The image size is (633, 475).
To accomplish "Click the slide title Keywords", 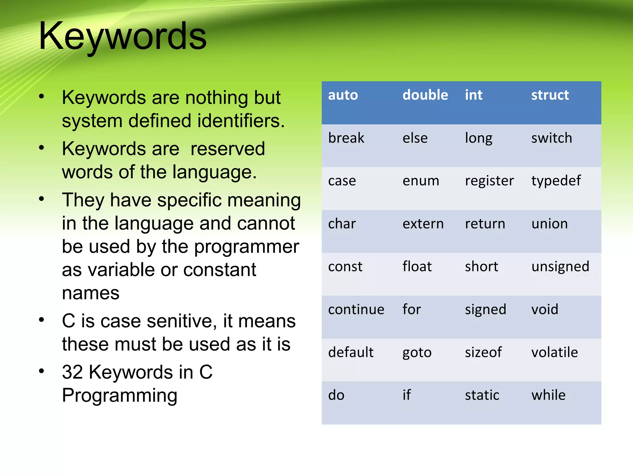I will click(122, 36).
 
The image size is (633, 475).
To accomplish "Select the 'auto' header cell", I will click(343, 95).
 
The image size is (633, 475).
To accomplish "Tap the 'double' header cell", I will click(425, 95).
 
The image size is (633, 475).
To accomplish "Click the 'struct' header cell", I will click(550, 95).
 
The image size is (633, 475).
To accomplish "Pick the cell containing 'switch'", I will click(551, 138).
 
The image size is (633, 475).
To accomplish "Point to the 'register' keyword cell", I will click(489, 181).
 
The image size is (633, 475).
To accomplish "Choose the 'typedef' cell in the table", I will click(556, 181).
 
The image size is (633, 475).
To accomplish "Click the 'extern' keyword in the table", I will click(423, 224).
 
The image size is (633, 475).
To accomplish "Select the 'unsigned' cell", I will click(560, 267).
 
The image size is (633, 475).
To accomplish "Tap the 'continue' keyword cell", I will click(356, 310).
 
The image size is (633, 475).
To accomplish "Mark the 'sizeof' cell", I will click(483, 352).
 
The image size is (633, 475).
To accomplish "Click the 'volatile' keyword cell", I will click(554, 352).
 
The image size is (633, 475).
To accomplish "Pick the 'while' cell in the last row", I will click(548, 395).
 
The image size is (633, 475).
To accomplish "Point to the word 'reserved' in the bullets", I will click(227, 149).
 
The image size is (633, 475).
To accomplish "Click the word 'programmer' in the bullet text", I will click(246, 247).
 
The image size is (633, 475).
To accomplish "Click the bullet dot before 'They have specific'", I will click(41, 199).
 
